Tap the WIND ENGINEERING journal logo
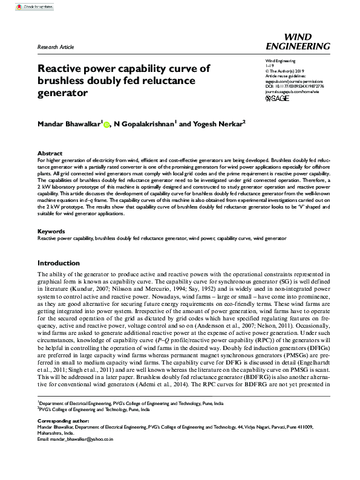[x=306, y=41]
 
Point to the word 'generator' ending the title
[x=63, y=94]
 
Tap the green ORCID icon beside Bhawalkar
[x=106, y=125]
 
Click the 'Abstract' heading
[x=50, y=154]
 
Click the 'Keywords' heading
[x=51, y=231]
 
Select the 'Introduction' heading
[x=58, y=263]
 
